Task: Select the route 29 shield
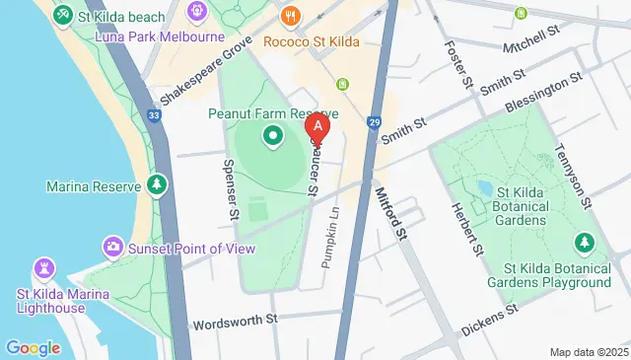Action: click(374, 121)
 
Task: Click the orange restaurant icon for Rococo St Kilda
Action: click(290, 16)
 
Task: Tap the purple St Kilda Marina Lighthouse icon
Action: click(42, 267)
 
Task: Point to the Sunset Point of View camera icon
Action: click(113, 246)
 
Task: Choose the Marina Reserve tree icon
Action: click(156, 184)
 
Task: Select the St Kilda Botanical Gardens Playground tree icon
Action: click(584, 242)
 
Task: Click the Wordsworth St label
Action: click(237, 323)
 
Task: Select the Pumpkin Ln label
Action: click(332, 238)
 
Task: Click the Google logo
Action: click(33, 347)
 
